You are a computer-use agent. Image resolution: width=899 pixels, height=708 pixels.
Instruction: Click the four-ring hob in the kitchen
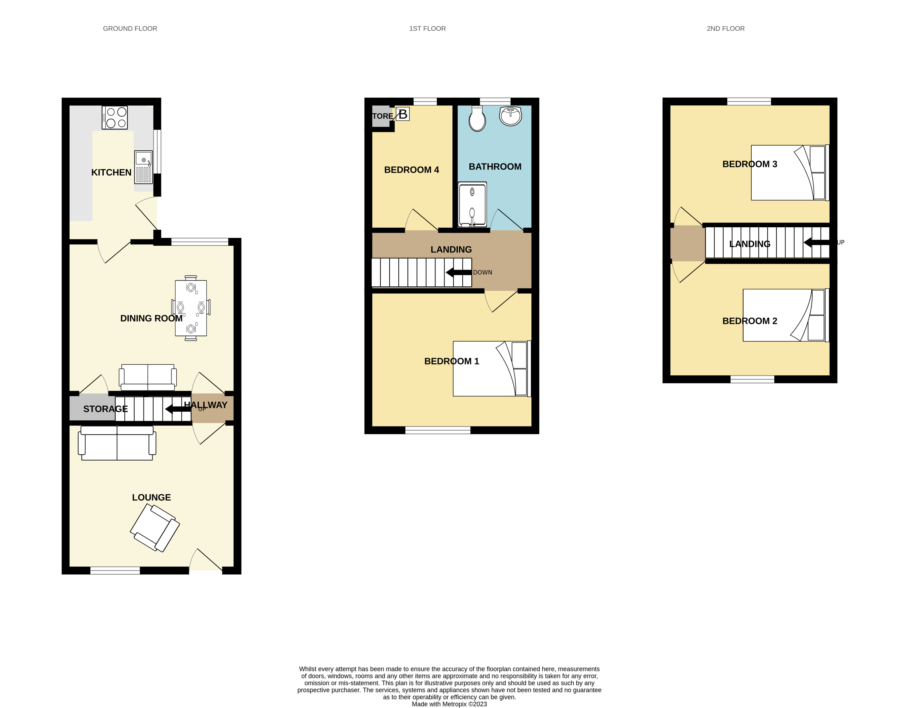115,118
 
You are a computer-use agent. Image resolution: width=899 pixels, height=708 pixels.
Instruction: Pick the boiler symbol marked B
402,114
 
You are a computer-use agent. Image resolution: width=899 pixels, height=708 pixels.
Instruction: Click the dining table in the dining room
191,308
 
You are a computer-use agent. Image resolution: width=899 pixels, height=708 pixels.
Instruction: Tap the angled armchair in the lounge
155,528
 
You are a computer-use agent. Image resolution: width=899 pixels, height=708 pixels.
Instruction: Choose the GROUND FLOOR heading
130,28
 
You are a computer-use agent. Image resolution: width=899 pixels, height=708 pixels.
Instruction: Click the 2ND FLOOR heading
725,28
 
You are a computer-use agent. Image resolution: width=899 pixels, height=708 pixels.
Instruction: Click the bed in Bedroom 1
491,368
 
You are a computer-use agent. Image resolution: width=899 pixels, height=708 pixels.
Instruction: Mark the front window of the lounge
115,571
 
